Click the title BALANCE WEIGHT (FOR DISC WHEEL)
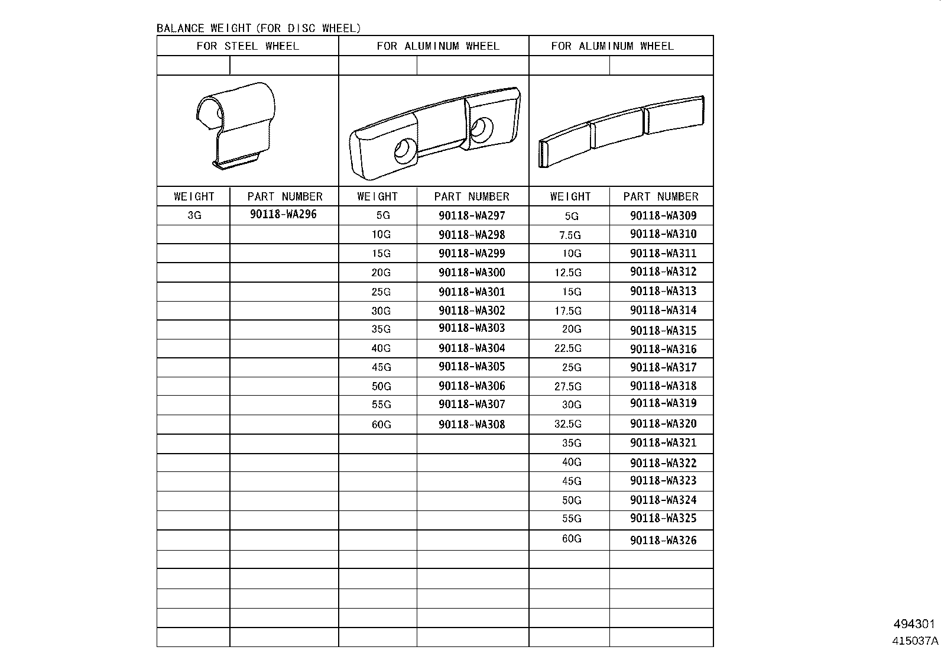[258, 28]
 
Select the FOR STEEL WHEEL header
[248, 46]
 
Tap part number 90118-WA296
[283, 214]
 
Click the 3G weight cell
[194, 215]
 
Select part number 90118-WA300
[472, 273]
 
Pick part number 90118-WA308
[472, 424]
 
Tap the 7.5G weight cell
[570, 235]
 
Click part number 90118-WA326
[663, 540]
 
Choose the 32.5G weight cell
[567, 424]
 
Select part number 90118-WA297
[472, 216]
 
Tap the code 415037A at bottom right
[915, 640]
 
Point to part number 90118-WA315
[663, 331]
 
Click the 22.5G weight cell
[567, 348]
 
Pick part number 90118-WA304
[472, 348]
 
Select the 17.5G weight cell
[567, 311]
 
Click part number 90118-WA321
[663, 443]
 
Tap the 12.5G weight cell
[567, 273]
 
